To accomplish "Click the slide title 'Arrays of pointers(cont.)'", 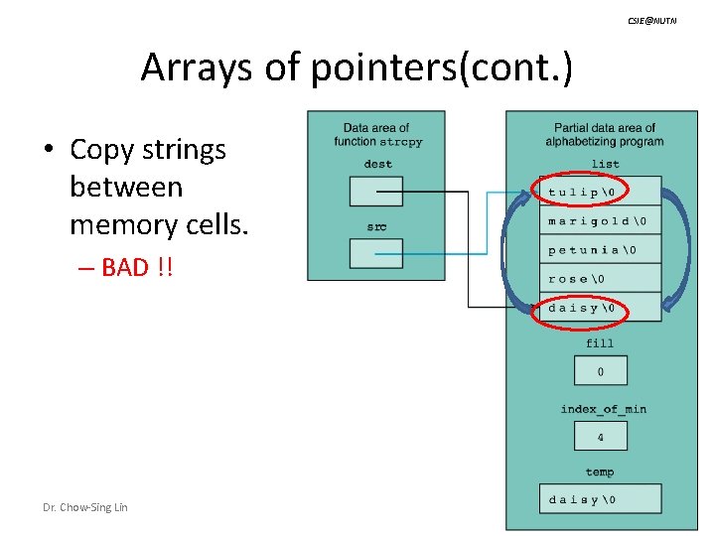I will coord(357,68).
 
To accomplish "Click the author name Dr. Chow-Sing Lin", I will coord(84,507).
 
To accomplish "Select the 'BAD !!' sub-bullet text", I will coord(137,267).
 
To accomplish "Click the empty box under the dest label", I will coord(376,191).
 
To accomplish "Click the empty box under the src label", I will coord(376,253).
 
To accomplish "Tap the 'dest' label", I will coord(377,164).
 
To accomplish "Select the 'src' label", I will coord(376,226).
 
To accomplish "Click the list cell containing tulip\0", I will coord(600,192).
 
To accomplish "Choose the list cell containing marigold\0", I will coord(600,220).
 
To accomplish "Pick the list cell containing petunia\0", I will coord(600,249).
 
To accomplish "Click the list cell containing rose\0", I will coord(600,278).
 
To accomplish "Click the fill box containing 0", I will coord(600,371).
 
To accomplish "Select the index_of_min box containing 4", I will coord(600,436).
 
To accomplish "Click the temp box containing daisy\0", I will coord(600,499).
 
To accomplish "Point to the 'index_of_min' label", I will coord(603,409).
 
